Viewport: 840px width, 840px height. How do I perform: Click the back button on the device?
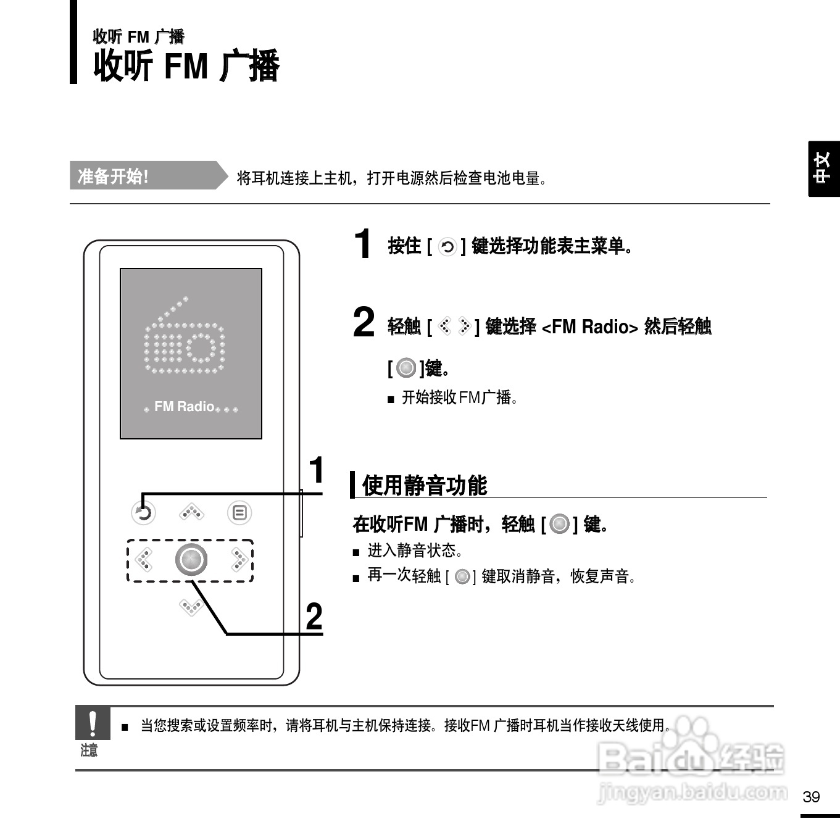[144, 513]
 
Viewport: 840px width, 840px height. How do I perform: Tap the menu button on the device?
[239, 513]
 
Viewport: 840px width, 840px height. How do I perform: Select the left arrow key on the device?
[144, 560]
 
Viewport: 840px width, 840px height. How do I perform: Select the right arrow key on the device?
[239, 560]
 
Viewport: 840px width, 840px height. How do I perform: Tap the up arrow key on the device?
[191, 512]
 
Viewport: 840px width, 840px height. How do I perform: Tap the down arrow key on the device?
[191, 607]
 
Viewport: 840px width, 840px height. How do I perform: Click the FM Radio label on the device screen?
[184, 407]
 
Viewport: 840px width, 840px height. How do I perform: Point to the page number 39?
[811, 797]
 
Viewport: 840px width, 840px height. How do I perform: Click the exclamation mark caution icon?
[93, 723]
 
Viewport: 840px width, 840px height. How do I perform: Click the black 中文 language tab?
[823, 168]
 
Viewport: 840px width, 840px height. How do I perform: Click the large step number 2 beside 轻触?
[364, 322]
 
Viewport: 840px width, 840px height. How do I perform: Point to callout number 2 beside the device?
[314, 617]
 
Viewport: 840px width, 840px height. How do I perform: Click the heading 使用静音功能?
[425, 486]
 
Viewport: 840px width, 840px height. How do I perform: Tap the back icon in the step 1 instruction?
[447, 247]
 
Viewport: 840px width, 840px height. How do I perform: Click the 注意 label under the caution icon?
[89, 751]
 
